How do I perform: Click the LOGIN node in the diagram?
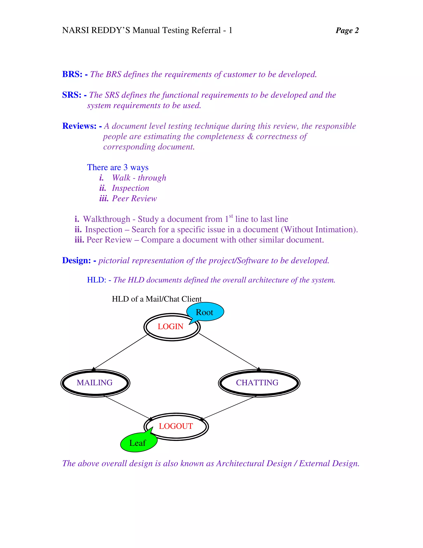[170, 327]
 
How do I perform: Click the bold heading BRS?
[72, 74]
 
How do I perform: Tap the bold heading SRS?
[72, 95]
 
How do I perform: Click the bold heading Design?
[76, 260]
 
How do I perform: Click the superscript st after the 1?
[231, 216]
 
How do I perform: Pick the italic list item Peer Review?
[134, 199]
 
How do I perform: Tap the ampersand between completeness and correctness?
[250, 136]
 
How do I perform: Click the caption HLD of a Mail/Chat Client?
[157, 299]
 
